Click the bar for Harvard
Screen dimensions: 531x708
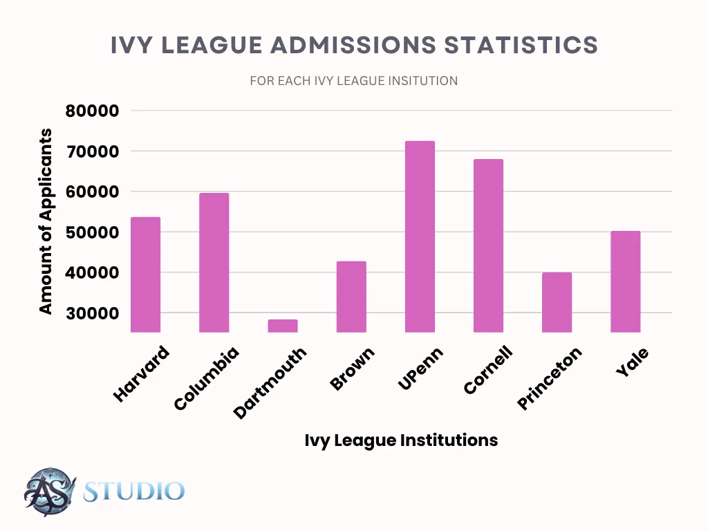pyautogui.click(x=145, y=274)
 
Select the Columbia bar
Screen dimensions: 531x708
pyautogui.click(x=214, y=263)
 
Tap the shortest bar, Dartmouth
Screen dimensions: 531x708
pyautogui.click(x=282, y=326)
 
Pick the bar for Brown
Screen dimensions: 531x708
pyautogui.click(x=351, y=297)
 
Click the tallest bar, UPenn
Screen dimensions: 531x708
pyautogui.click(x=420, y=236)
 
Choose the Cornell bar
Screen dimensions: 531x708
pyautogui.click(x=488, y=245)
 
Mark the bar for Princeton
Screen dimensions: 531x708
pyautogui.click(x=557, y=302)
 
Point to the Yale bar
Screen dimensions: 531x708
pyautogui.click(x=625, y=281)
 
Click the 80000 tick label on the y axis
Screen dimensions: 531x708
pyautogui.click(x=92, y=111)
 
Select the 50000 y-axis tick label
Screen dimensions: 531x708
pyautogui.click(x=92, y=233)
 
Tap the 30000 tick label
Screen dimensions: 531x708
pyautogui.click(x=92, y=314)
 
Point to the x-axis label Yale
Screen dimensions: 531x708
pyautogui.click(x=632, y=362)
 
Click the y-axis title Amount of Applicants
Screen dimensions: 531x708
pyautogui.click(x=46, y=221)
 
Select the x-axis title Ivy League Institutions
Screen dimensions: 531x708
pyautogui.click(x=401, y=440)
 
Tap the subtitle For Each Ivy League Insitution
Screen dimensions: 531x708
pyautogui.click(x=353, y=81)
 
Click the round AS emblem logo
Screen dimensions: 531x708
pyautogui.click(x=48, y=492)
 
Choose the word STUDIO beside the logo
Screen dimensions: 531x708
pyautogui.click(x=133, y=492)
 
